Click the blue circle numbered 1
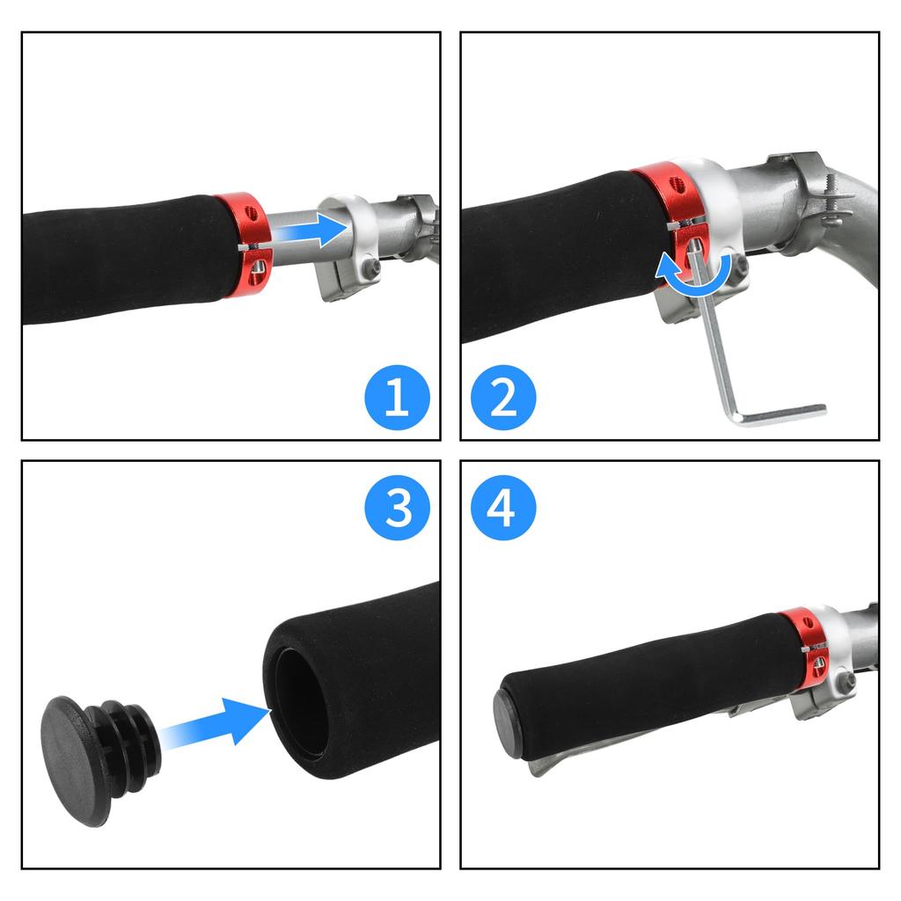pyautogui.click(x=397, y=397)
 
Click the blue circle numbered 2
pyautogui.click(x=502, y=397)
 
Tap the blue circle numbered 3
pyautogui.click(x=397, y=507)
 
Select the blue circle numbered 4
pyautogui.click(x=502, y=507)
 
